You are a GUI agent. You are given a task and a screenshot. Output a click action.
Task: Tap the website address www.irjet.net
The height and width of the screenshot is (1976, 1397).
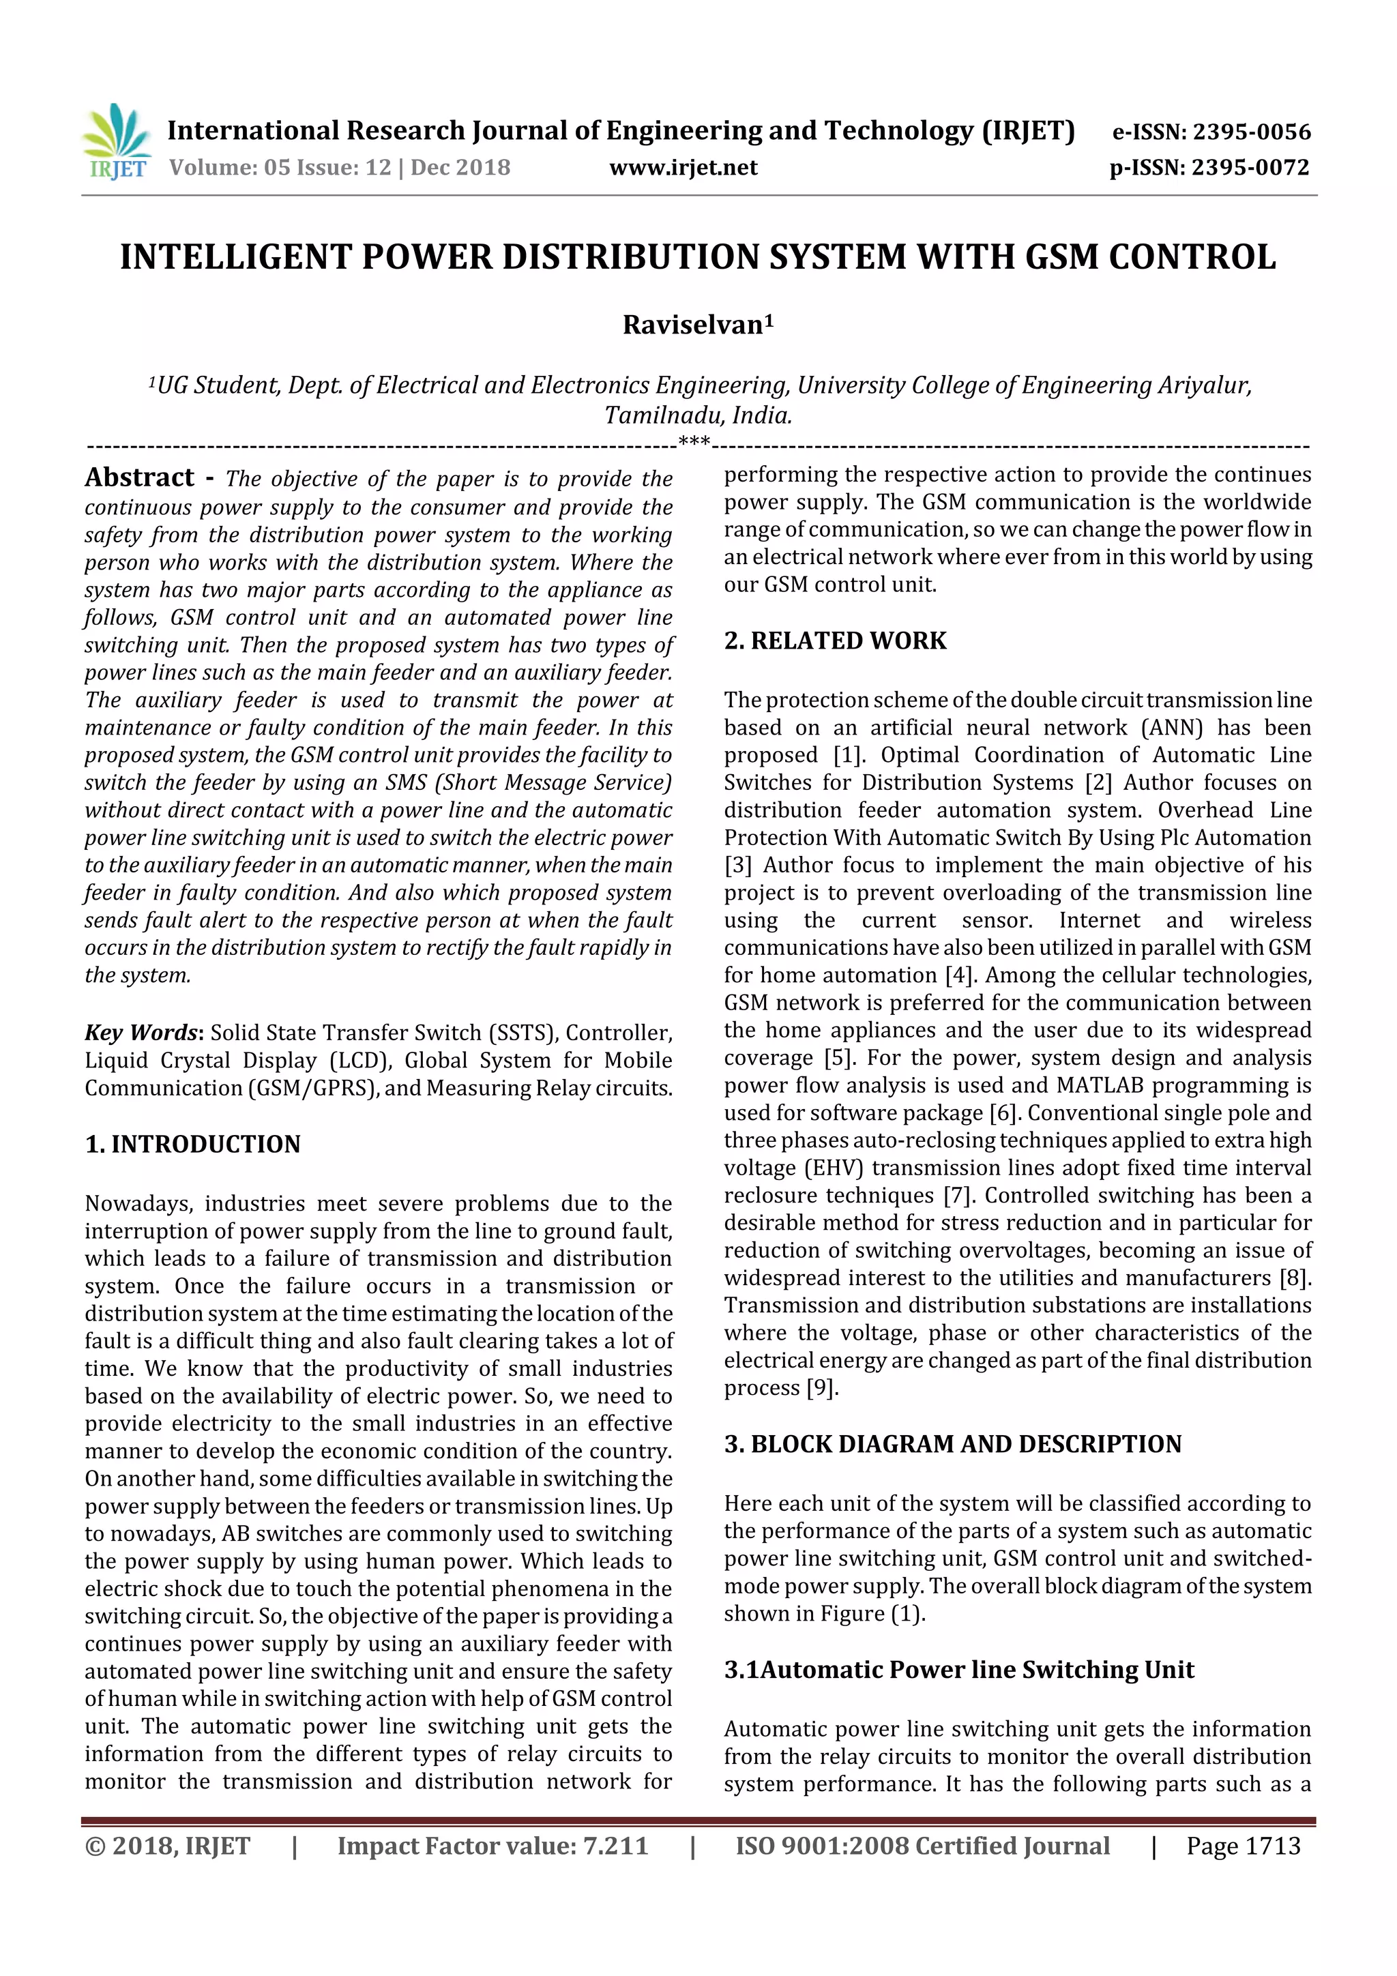(683, 168)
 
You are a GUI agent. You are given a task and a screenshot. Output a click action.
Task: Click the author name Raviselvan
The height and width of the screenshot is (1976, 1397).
(693, 325)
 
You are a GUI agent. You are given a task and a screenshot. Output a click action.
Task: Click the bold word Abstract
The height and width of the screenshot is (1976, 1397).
(139, 477)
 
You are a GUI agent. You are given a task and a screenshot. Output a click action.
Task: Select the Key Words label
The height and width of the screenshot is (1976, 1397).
(141, 1033)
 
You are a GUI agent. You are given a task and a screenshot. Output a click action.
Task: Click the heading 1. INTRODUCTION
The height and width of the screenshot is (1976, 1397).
(193, 1144)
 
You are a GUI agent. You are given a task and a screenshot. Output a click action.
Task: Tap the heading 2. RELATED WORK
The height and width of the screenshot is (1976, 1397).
(834, 640)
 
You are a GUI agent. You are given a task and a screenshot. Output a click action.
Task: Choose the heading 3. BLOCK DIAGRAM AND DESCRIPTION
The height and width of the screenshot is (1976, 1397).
(952, 1443)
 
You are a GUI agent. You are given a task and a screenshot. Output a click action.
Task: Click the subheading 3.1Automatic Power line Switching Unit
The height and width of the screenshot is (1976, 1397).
(958, 1670)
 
